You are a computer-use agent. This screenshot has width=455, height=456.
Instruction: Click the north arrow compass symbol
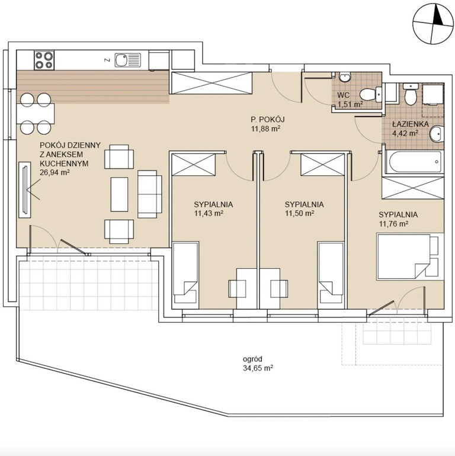click(433, 24)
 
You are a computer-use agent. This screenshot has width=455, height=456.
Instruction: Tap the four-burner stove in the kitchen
click(44, 60)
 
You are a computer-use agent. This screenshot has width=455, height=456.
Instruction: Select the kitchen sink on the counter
click(128, 60)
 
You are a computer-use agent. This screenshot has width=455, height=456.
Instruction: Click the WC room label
click(343, 95)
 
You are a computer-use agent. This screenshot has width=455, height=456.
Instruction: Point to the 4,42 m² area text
click(405, 133)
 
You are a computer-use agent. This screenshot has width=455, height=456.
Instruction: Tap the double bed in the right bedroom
click(407, 256)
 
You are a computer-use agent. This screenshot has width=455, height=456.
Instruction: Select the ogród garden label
click(252, 359)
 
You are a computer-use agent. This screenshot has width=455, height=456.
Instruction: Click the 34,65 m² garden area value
click(258, 368)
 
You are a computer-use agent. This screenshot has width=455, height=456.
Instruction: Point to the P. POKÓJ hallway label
click(268, 119)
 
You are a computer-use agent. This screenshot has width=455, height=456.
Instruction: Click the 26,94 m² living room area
click(55, 172)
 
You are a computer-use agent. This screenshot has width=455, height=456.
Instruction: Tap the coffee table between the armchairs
click(119, 194)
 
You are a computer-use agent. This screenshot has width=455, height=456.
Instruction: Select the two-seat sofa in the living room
click(149, 194)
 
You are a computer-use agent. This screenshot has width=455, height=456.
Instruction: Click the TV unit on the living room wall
click(25, 190)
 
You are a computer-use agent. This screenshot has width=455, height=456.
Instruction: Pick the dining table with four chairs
click(36, 114)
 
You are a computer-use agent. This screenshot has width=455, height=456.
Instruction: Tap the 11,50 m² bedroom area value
click(299, 213)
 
